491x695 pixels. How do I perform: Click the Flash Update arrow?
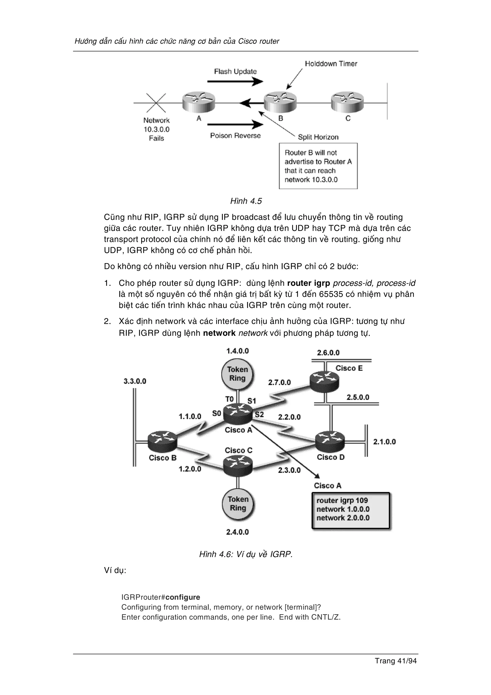click(235, 82)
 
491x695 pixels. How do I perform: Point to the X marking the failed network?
click(156, 103)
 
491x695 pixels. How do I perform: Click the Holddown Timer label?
click(331, 64)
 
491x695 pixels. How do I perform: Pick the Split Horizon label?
click(318, 137)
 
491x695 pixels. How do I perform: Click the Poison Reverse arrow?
click(235, 124)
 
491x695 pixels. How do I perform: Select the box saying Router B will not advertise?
click(318, 166)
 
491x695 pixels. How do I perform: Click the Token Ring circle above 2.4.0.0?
click(238, 504)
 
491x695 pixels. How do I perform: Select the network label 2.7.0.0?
click(279, 382)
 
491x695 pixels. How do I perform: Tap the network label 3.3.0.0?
click(135, 381)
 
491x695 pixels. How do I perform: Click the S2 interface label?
click(259, 414)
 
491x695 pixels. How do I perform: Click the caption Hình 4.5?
click(246, 201)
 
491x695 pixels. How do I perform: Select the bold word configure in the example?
click(183, 597)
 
